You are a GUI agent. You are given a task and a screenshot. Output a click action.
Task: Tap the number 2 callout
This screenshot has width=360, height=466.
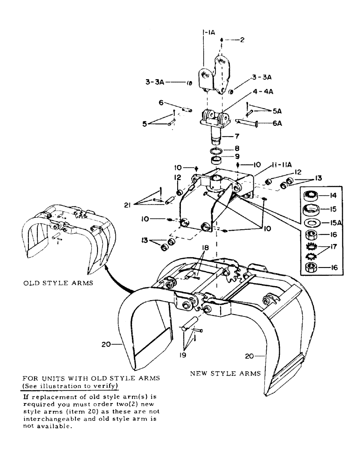[242, 40]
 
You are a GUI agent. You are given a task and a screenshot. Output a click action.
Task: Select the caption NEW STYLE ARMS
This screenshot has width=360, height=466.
[226, 373]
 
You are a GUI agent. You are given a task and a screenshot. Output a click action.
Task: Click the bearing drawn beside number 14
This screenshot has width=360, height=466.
[308, 195]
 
